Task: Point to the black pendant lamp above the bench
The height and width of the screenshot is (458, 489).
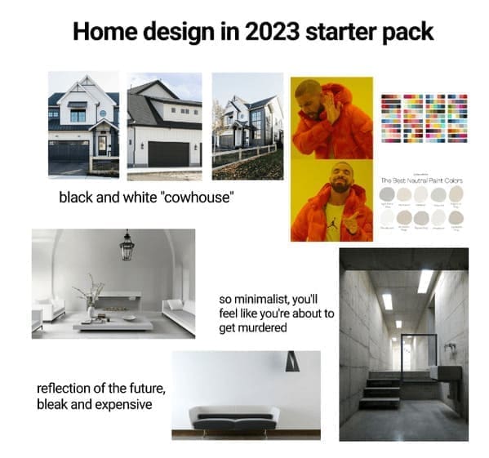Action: point(292,362)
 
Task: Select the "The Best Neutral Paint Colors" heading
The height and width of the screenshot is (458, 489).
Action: point(423,180)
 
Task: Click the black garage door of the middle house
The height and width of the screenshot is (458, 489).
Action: point(167,153)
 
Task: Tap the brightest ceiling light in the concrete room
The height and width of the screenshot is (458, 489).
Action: point(425,282)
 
